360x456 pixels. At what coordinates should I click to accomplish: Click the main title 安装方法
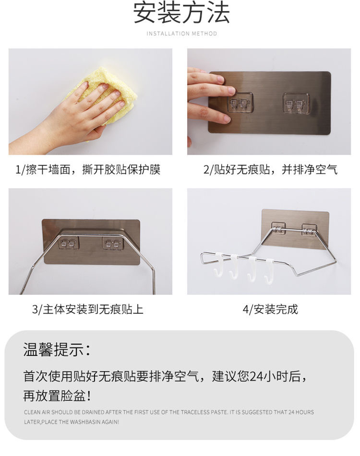[x=181, y=13]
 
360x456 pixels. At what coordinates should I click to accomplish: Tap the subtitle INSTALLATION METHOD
[x=181, y=34]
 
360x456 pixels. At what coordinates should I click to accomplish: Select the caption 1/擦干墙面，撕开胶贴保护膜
[x=88, y=169]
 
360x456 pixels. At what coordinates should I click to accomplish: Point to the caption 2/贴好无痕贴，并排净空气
[x=270, y=169]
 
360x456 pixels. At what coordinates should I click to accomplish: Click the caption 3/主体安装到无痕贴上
[x=88, y=309]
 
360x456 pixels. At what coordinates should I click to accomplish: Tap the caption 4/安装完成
[x=270, y=309]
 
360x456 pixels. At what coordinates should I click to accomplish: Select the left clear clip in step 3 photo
[x=68, y=244]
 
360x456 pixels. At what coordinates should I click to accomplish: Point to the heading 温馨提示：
[x=57, y=350]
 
